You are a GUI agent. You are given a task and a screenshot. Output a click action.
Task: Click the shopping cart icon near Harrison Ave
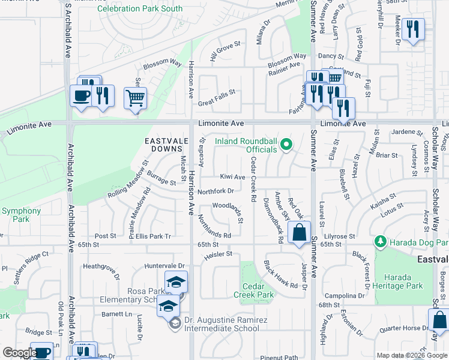click(135, 97)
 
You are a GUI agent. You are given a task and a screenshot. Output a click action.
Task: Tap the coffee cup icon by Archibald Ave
click(81, 95)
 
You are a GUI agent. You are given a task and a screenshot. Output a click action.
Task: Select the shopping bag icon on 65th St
click(299, 232)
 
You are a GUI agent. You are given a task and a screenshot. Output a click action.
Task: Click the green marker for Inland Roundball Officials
click(286, 144)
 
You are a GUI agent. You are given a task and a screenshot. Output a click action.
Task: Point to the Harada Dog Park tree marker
click(379, 242)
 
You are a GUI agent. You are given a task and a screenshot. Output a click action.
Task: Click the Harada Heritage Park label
click(397, 282)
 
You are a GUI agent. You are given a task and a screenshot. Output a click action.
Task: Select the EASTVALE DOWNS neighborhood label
click(163, 144)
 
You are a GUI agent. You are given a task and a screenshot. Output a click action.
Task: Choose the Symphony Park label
click(21, 215)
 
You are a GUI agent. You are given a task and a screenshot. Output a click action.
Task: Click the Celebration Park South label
click(140, 9)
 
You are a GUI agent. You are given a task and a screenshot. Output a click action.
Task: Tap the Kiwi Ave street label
click(232, 177)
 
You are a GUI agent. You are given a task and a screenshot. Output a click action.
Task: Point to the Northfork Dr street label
click(215, 191)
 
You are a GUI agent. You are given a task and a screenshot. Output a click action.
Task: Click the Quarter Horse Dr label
click(403, 328)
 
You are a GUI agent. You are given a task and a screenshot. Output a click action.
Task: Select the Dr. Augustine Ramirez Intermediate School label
click(226, 324)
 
